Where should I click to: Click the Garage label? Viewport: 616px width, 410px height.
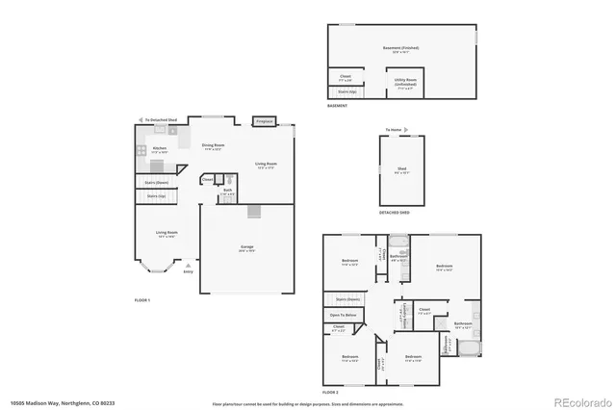[246, 247]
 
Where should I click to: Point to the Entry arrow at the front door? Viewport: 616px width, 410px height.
[188, 271]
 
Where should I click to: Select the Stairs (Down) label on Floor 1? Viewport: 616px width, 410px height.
[156, 181]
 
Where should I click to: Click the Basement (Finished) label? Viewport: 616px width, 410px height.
[401, 47]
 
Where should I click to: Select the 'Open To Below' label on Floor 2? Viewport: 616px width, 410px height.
[344, 315]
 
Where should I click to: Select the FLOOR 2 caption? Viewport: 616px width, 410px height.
[331, 393]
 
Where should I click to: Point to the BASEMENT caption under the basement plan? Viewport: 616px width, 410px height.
[337, 105]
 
